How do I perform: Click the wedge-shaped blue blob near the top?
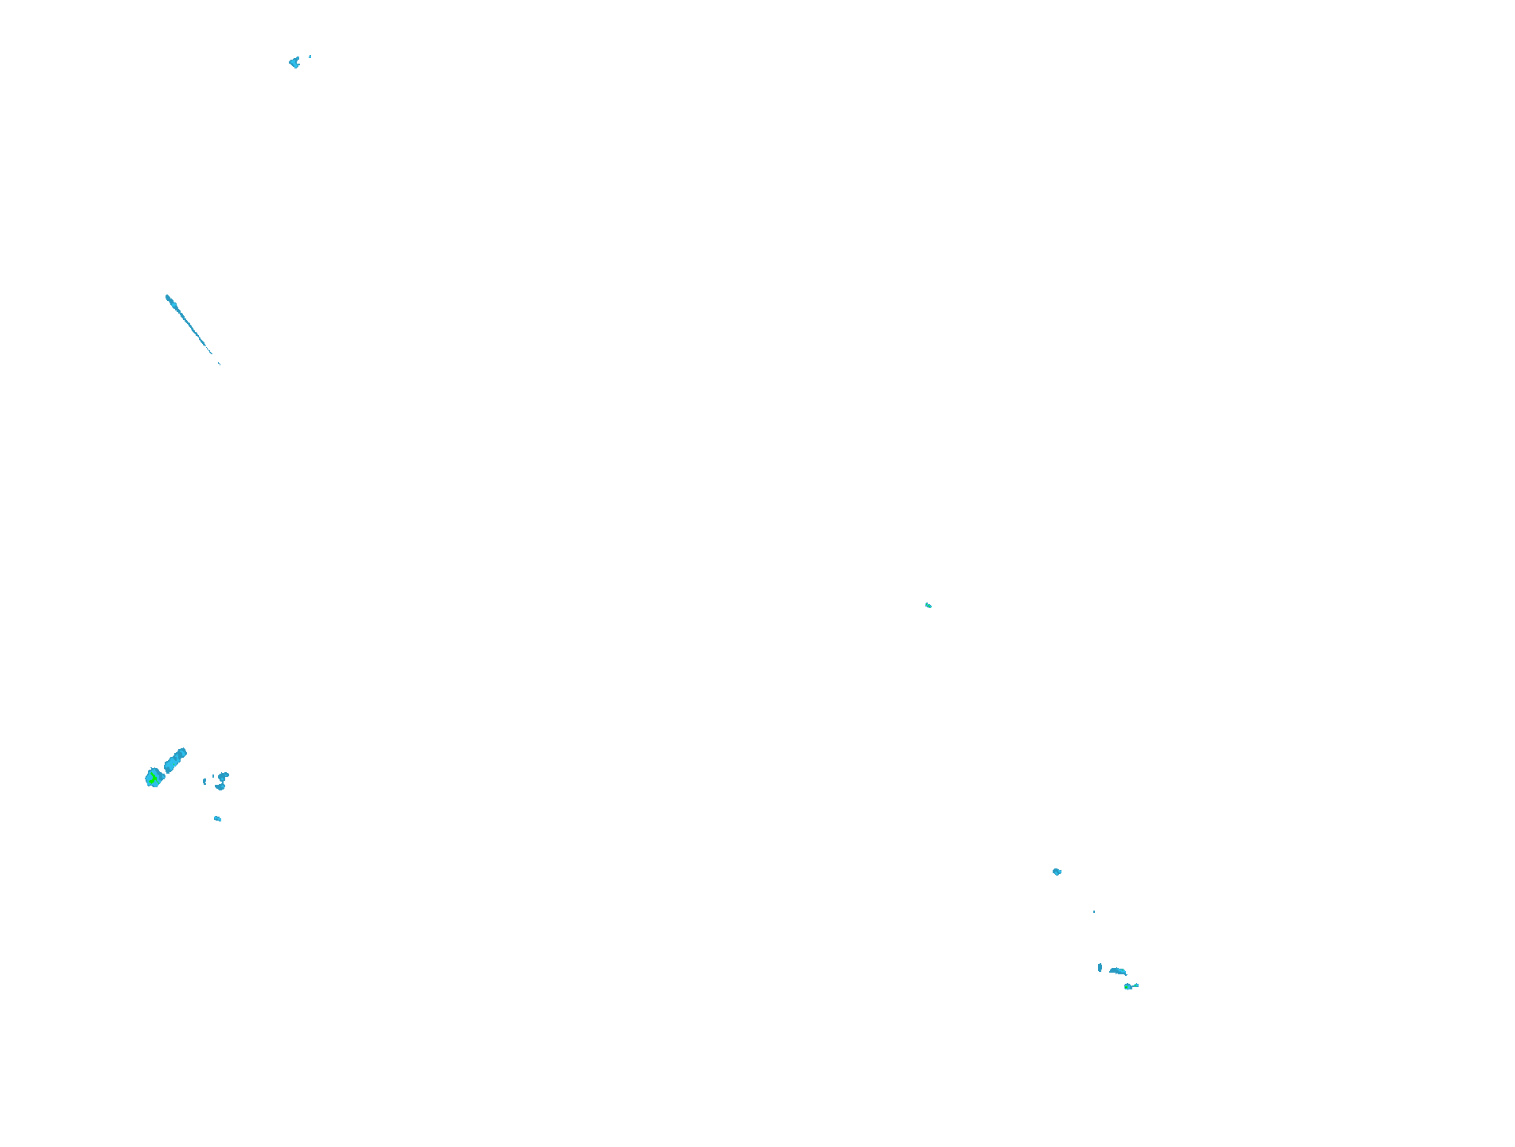(x=294, y=62)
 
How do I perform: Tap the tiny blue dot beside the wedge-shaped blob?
(x=310, y=57)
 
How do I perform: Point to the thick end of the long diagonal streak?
(x=169, y=299)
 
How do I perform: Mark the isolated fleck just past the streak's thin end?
(x=220, y=364)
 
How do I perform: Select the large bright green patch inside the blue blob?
(x=152, y=778)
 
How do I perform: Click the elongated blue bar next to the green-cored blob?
(x=175, y=760)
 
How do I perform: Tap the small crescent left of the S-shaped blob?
(x=204, y=782)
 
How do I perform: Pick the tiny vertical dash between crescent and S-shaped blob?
(x=214, y=778)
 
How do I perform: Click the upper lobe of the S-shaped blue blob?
(x=224, y=775)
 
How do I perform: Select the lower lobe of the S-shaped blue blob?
(x=220, y=786)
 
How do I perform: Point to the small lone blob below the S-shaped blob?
(x=217, y=818)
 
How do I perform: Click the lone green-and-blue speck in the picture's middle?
(x=929, y=606)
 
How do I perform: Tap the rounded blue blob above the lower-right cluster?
(x=1057, y=872)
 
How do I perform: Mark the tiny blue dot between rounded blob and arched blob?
(x=1094, y=911)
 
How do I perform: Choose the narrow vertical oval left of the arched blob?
(x=1100, y=967)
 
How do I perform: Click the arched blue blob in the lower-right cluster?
(x=1118, y=971)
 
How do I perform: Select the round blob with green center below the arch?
(x=1127, y=987)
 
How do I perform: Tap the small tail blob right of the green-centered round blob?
(x=1135, y=985)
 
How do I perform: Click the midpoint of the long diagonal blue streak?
(x=189, y=325)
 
